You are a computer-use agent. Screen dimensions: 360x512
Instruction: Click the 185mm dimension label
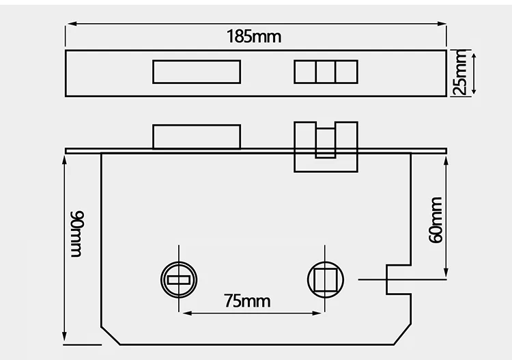point(254,36)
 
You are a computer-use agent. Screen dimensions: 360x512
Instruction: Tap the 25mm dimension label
point(459,72)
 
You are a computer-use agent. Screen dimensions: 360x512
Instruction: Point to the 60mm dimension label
point(436,219)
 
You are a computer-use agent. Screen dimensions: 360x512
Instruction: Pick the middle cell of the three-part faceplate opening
point(326,72)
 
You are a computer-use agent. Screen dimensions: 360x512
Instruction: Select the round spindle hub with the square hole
point(325,279)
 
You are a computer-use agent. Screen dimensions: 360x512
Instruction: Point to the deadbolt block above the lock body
point(197,137)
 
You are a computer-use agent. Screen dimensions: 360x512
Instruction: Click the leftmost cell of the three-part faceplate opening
point(304,72)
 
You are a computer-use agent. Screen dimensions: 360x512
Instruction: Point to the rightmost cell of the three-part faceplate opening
point(347,72)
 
